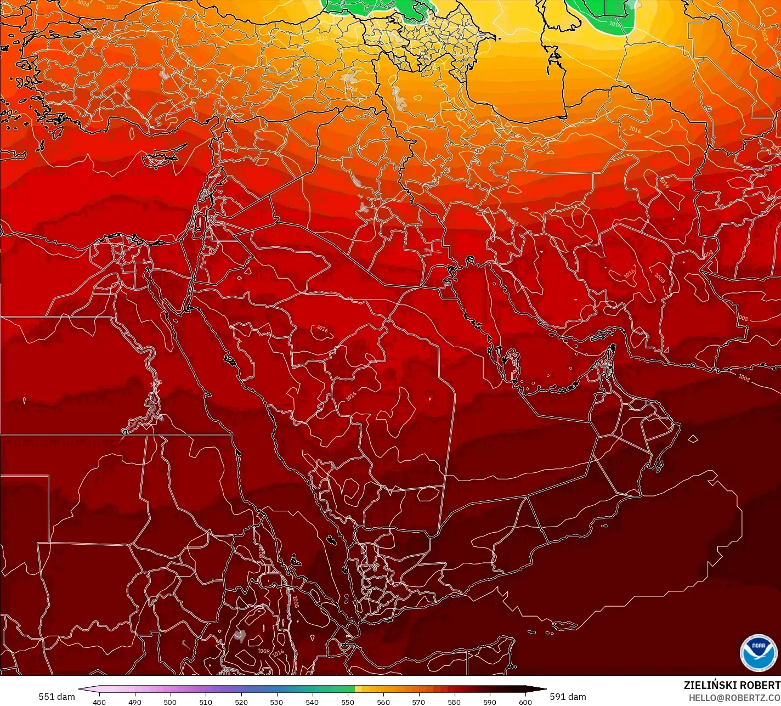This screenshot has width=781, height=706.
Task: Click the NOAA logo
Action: [x=759, y=652]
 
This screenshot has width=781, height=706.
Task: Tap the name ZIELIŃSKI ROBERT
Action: [x=732, y=685]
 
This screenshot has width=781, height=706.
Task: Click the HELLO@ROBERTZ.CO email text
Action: [x=734, y=697]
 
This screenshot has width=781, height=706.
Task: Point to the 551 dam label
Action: [x=56, y=697]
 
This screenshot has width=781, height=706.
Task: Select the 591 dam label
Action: [x=568, y=697]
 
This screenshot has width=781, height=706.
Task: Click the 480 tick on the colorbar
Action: [x=99, y=702]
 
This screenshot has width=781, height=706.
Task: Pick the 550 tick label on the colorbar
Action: [x=348, y=702]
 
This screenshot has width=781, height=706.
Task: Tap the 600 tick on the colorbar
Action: [x=525, y=702]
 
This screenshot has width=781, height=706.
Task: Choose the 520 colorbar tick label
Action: [x=241, y=702]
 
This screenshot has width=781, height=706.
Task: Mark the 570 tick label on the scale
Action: [x=418, y=702]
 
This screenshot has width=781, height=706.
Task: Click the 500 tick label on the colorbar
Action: [x=170, y=702]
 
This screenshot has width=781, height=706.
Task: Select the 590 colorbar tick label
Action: [x=490, y=702]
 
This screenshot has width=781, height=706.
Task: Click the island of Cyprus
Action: [x=160, y=160]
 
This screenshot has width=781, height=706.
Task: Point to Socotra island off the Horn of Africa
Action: [x=564, y=625]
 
